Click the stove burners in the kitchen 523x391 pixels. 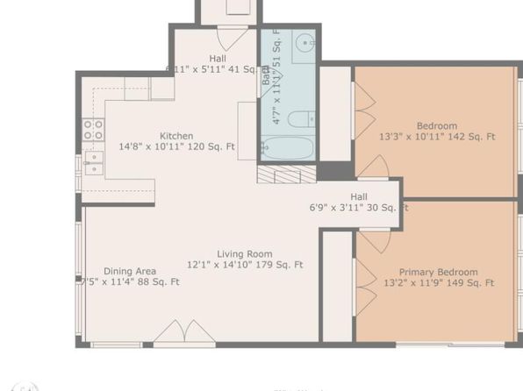coord(92,130)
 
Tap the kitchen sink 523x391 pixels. coord(93,163)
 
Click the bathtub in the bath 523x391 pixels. coord(287,146)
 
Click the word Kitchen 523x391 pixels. coord(176,136)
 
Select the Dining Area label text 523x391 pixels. coord(130,271)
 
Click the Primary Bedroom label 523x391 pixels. coord(438,272)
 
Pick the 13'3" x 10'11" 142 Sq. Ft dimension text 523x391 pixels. coord(437,137)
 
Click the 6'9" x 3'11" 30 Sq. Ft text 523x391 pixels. coord(359,208)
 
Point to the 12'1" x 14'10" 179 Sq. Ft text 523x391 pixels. coord(245,264)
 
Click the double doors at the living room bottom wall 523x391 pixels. coord(185,332)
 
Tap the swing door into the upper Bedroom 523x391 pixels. coord(374,167)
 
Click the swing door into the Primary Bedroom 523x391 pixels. coord(373,240)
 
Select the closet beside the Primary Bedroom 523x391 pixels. coord(337,285)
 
